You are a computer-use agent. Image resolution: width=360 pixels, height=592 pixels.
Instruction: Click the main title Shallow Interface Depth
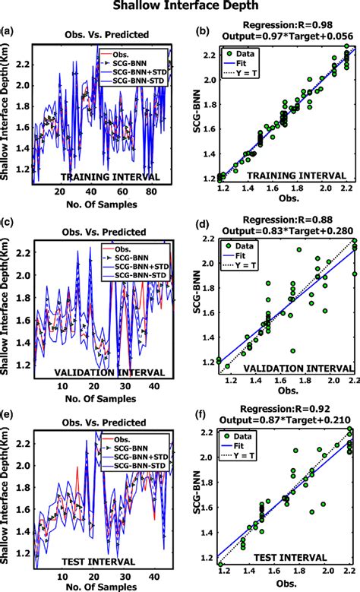point(179,7)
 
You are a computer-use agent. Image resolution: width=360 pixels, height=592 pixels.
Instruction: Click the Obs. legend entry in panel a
point(128,54)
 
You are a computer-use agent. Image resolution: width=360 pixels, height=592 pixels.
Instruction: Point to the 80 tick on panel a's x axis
point(149,194)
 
